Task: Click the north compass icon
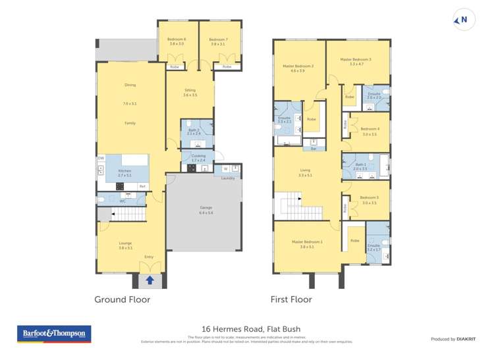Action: tap(463, 20)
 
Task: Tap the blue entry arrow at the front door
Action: tap(150, 280)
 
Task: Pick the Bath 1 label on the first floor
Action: tap(360, 167)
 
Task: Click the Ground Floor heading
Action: tap(122, 299)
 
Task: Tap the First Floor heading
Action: tap(291, 299)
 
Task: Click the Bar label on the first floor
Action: tap(314, 149)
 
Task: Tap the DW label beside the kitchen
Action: tap(101, 159)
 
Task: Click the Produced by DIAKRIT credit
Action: tap(453, 339)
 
